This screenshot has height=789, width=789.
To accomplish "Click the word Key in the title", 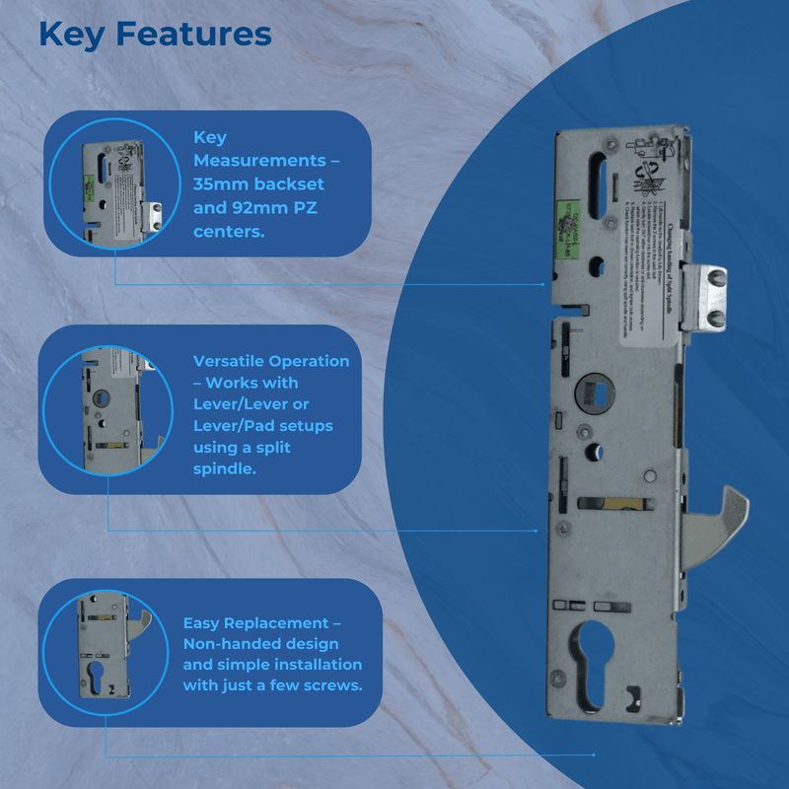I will [71, 35].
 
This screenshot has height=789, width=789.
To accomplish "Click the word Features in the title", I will [193, 35].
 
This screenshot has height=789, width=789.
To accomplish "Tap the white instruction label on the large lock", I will [647, 266].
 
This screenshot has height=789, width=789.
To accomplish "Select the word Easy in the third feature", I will [202, 623].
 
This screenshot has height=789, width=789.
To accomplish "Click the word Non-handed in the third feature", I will [234, 644].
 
